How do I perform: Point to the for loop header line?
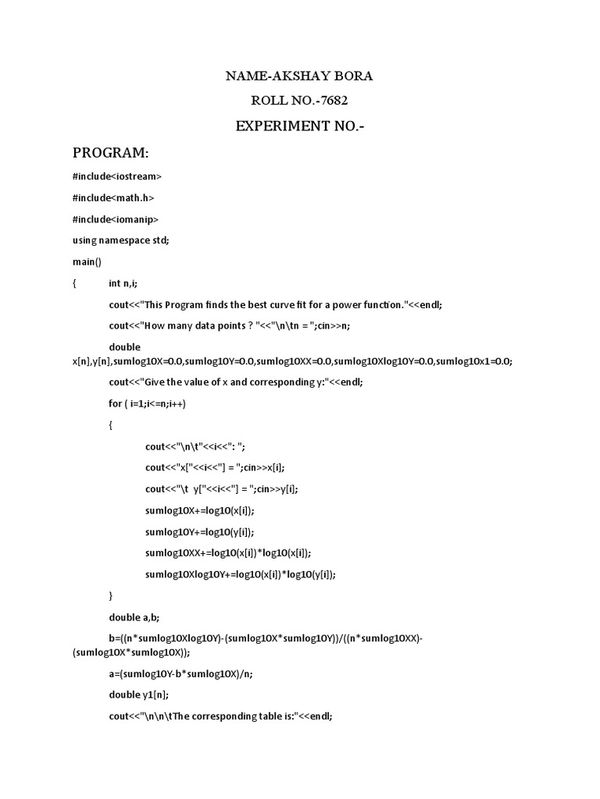[x=148, y=403]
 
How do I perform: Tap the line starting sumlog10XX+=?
[x=228, y=552]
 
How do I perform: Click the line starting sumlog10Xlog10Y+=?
[x=241, y=574]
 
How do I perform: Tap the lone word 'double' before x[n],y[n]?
[x=124, y=346]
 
